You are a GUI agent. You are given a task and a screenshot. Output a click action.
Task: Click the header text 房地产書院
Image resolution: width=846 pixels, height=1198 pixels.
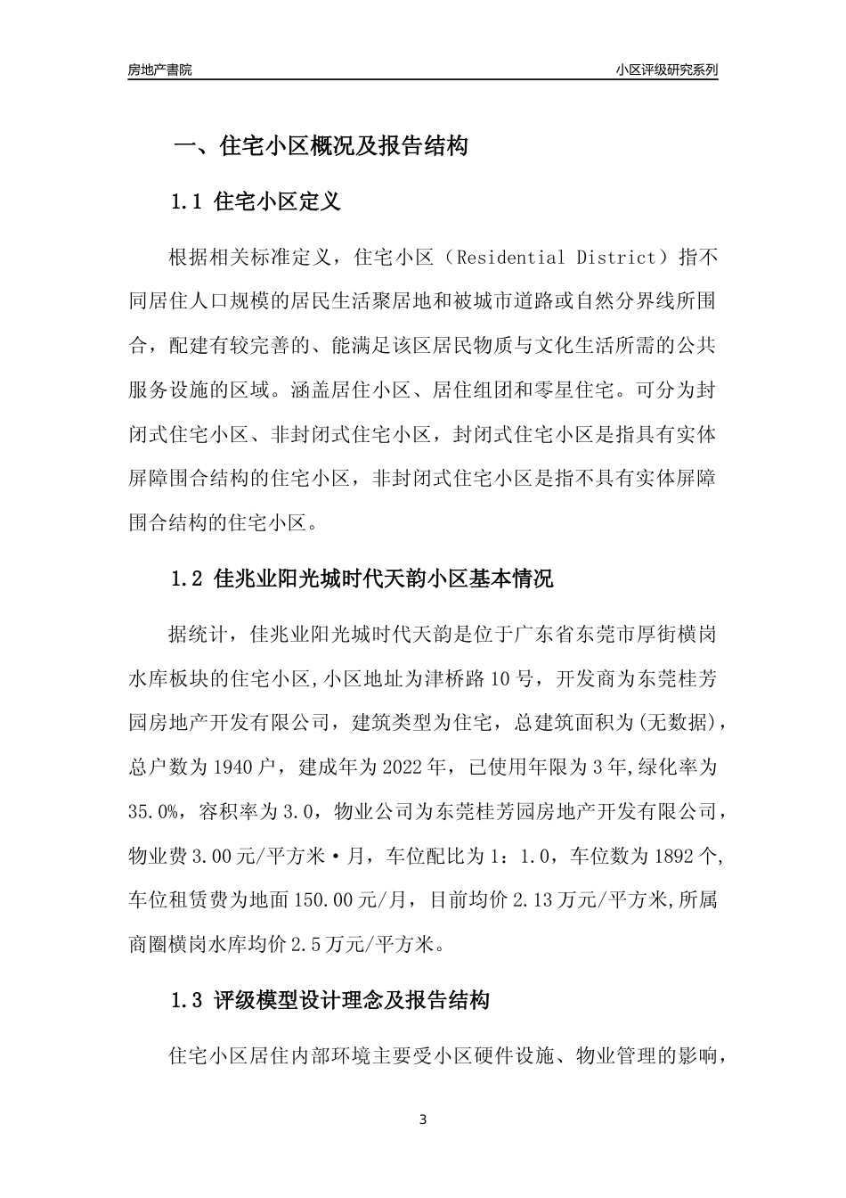click(x=159, y=70)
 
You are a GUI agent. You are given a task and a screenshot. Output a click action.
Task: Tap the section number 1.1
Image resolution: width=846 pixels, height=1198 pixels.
click(x=188, y=202)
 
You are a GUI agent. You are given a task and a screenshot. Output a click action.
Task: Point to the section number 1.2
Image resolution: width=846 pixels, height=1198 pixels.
click(x=188, y=579)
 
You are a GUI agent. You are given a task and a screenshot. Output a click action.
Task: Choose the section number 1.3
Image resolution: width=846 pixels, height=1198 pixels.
click(x=188, y=1001)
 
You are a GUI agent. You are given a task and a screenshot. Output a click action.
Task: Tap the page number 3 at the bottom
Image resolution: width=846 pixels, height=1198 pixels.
click(x=423, y=1120)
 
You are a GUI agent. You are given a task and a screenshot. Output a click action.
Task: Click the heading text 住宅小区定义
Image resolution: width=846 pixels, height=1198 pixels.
click(x=278, y=202)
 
